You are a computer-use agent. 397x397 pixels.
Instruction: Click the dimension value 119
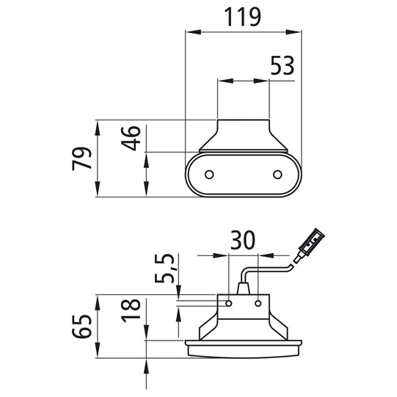tap(243, 17)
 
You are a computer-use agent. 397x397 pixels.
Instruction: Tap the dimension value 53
tap(283, 65)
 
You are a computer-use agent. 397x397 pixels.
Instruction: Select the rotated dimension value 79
tap(81, 159)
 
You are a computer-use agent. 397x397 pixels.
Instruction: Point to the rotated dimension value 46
tap(131, 138)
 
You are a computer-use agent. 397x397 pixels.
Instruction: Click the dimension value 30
tap(242, 239)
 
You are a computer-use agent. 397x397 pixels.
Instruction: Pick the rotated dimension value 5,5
tap(164, 268)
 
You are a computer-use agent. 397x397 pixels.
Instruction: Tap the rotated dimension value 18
tap(131, 310)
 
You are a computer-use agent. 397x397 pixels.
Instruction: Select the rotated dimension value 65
tap(81, 327)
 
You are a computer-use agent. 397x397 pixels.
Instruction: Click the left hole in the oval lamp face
tap(209, 175)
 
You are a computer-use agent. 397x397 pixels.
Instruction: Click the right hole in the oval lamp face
tap(277, 175)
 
